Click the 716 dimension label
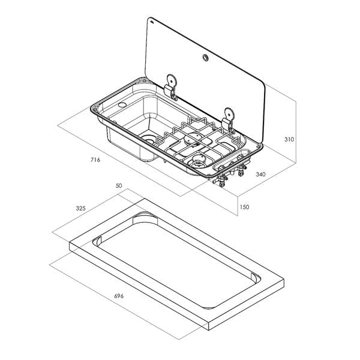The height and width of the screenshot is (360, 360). tap(95, 160)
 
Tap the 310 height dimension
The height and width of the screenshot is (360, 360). tap(289, 139)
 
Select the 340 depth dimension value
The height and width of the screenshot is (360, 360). tap(260, 175)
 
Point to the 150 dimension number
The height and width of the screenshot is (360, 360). tap(244, 207)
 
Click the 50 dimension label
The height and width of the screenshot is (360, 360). tap(119, 185)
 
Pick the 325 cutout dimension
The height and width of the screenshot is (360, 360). tap(80, 208)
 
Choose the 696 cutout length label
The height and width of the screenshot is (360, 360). tap(119, 296)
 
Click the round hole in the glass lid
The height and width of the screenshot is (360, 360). tap(205, 58)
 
